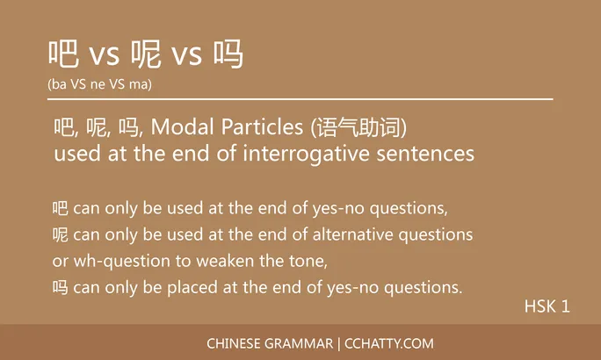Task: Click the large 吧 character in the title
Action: click(x=64, y=54)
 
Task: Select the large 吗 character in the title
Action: click(x=228, y=54)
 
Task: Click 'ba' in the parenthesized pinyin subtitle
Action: click(x=58, y=84)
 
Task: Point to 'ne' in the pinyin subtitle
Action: click(x=98, y=84)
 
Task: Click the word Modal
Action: click(x=176, y=128)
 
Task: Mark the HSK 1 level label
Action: click(x=547, y=306)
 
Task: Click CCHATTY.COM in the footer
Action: click(x=389, y=343)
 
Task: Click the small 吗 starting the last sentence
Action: click(x=60, y=288)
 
